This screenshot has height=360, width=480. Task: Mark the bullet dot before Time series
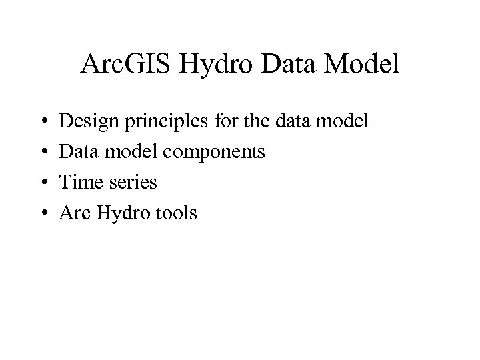coord(42,183)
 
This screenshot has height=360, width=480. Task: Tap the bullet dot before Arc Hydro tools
coord(42,214)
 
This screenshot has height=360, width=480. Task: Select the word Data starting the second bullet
coord(78,153)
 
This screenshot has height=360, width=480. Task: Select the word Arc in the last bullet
coord(75,214)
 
